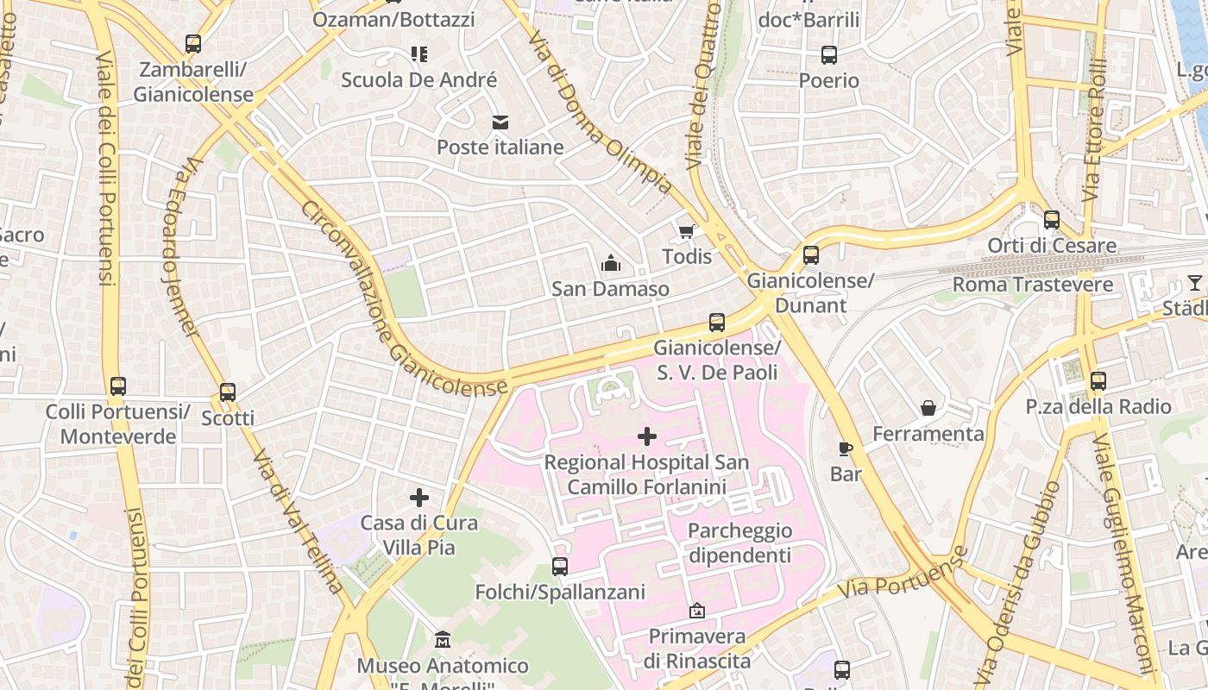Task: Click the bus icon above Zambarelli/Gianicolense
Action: click(x=193, y=44)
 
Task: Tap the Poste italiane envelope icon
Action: click(x=500, y=122)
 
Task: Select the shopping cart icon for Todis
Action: click(x=687, y=231)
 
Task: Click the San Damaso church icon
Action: click(x=611, y=263)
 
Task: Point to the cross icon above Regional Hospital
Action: click(x=646, y=436)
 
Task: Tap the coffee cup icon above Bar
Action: click(x=846, y=448)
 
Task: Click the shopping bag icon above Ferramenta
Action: click(x=928, y=408)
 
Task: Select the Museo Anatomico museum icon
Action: click(x=443, y=640)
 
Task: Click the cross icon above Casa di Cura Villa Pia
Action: click(x=419, y=498)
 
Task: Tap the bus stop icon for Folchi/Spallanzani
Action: click(x=560, y=567)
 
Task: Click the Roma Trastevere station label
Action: click(x=1020, y=285)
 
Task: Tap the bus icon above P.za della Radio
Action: click(x=1098, y=380)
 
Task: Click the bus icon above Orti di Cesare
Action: click(x=1051, y=220)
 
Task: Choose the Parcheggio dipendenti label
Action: click(x=739, y=543)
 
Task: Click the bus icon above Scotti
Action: click(x=228, y=392)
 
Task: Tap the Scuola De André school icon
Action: click(x=419, y=55)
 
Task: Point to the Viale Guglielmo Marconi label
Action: click(x=1124, y=552)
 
